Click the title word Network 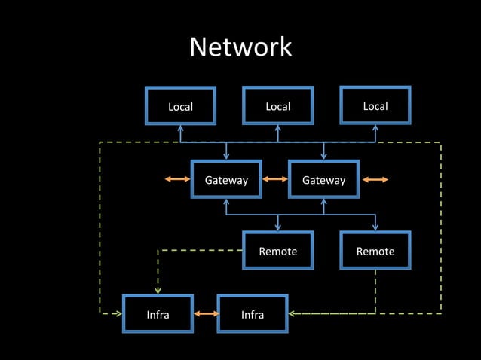[x=240, y=47]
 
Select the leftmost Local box [x=180, y=106]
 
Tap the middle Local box [x=277, y=106]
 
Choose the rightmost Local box [x=375, y=105]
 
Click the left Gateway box [x=226, y=180]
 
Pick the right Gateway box [x=323, y=180]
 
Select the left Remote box [x=277, y=251]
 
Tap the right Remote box [x=375, y=251]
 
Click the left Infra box [x=158, y=314]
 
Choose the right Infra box [x=253, y=314]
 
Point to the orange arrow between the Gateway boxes [x=275, y=180]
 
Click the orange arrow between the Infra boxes [x=205, y=313]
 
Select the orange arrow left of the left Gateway [x=178, y=180]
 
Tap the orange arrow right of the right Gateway [x=375, y=180]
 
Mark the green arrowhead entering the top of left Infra [x=158, y=291]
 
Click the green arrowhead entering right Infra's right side [x=293, y=313]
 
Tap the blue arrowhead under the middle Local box [x=277, y=129]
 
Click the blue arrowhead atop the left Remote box [x=277, y=227]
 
